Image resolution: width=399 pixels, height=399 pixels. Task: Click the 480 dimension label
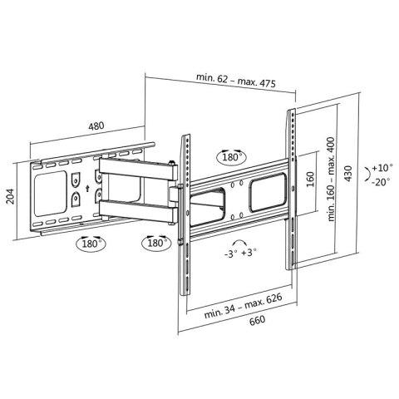click(95, 127)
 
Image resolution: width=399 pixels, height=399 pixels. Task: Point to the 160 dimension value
click(308, 180)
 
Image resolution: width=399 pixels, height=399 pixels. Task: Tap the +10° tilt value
click(382, 166)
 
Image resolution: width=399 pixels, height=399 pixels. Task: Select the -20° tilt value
click(382, 181)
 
